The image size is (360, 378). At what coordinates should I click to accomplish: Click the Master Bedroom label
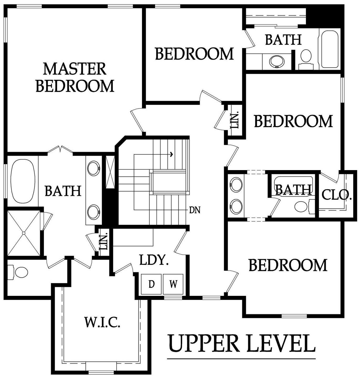[x=75, y=77]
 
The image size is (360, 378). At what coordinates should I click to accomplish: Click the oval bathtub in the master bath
[x=23, y=181]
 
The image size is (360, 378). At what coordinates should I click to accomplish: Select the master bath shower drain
[x=24, y=233]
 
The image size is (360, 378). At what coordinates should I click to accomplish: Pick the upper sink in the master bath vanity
[x=94, y=168]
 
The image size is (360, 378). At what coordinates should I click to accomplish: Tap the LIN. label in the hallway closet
[x=235, y=120]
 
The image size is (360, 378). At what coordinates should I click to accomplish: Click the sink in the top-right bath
[x=277, y=61]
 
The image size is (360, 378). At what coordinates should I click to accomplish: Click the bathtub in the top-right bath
[x=330, y=49]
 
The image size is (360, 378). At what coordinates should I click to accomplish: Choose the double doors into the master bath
[x=60, y=149]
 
